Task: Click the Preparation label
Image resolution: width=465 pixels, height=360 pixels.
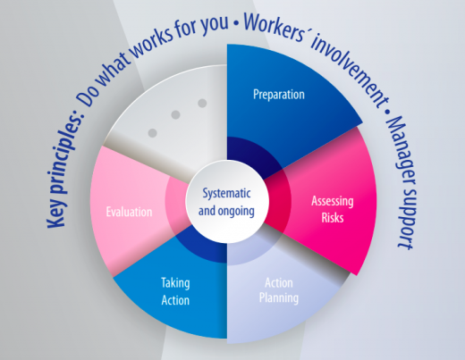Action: click(279, 95)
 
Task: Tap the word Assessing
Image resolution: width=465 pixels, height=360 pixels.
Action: click(333, 202)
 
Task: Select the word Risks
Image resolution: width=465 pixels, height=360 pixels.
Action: click(333, 218)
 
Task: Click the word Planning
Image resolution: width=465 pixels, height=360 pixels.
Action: click(279, 297)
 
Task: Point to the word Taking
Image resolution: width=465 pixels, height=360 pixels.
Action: click(175, 283)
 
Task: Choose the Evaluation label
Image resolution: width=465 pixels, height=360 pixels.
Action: click(129, 212)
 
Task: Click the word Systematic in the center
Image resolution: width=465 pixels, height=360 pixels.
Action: click(226, 194)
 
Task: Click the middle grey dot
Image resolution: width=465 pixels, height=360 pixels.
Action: click(175, 114)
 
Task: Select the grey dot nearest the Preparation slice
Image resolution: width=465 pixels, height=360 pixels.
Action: click(202, 104)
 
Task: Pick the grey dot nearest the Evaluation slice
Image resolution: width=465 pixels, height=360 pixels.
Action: click(152, 133)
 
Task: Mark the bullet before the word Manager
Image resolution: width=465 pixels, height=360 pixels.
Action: click(387, 112)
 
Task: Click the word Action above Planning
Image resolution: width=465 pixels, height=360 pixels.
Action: click(279, 283)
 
